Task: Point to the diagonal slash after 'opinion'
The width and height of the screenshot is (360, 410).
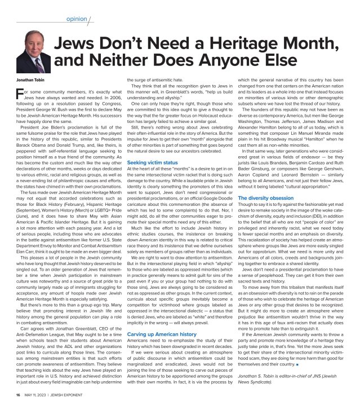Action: (x=88, y=18)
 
